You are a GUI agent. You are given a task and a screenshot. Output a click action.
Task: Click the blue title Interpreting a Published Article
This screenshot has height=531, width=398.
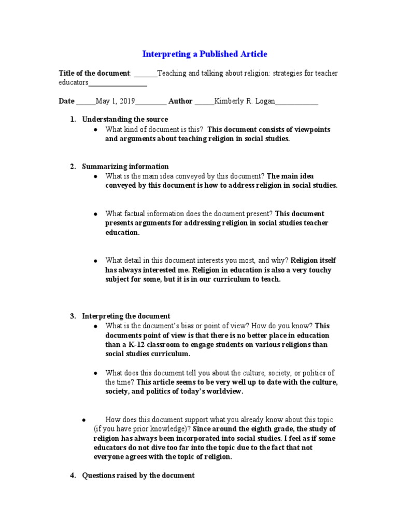pos(205,54)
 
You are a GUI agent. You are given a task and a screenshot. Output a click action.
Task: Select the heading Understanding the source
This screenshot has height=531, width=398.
pos(125,119)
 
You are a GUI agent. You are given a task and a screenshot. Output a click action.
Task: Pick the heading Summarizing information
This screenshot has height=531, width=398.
pos(125,166)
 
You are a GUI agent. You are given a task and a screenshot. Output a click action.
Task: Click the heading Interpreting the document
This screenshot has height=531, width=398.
pos(126,316)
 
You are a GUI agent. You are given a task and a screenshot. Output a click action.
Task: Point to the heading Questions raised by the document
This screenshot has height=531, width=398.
pos(138,475)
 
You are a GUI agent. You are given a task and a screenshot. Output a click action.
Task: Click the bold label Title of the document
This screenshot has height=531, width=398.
pos(95,74)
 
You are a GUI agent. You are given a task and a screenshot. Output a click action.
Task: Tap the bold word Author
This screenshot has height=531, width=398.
pos(180,102)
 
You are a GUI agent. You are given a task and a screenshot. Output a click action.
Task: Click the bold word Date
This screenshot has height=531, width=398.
pos(67,102)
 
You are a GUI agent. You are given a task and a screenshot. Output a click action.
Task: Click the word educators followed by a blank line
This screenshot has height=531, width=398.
pos(74,82)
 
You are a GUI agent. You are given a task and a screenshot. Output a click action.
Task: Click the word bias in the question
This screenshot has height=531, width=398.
pos(211,326)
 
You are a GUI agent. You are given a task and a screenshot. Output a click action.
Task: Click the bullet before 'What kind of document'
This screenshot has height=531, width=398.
pos(96,130)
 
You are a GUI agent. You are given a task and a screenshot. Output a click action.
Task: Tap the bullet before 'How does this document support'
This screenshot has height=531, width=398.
pos(83,419)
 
